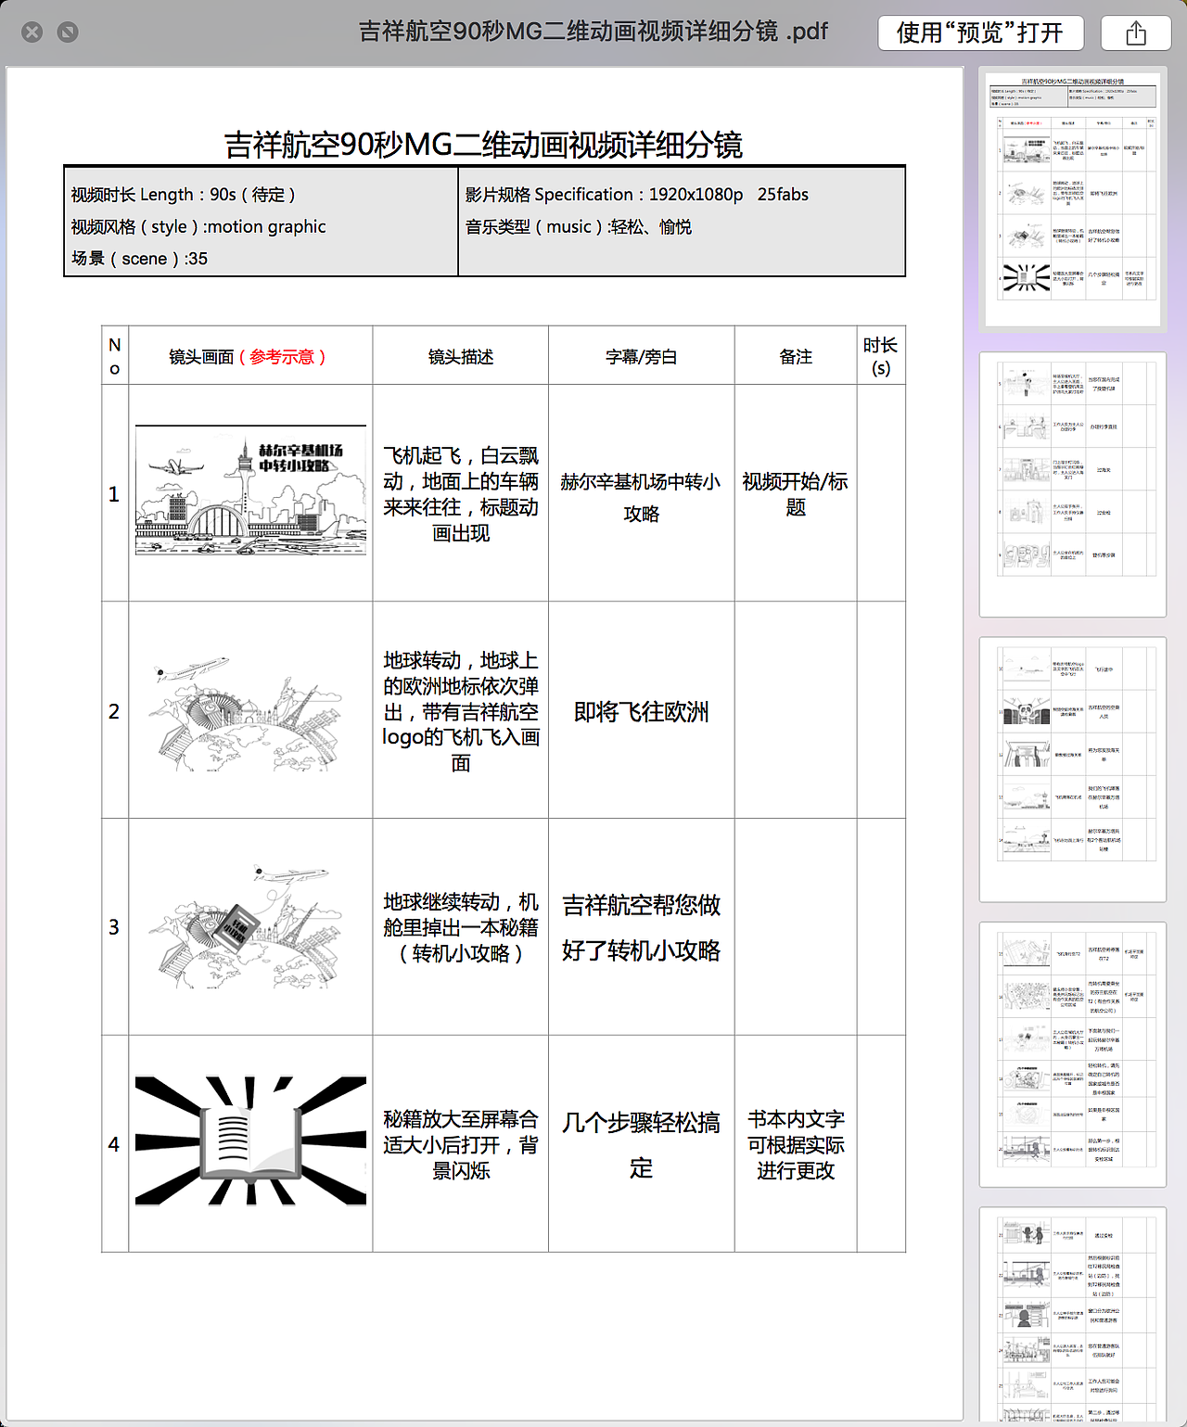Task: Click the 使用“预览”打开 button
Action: (980, 33)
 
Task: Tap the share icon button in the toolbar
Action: (1135, 33)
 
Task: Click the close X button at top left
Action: (32, 32)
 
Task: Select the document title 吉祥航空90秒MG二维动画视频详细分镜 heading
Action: (483, 145)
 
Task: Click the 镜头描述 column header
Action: (460, 357)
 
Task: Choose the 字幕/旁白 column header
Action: (641, 357)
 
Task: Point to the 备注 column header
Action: (796, 357)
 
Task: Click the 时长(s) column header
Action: (880, 356)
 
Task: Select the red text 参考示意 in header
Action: (282, 357)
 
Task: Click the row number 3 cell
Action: (114, 927)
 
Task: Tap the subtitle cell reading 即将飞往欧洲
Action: (641, 711)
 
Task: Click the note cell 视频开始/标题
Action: (796, 494)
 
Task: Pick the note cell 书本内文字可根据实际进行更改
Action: (796, 1145)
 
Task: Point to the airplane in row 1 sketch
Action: (175, 466)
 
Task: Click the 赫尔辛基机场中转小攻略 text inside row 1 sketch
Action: (300, 458)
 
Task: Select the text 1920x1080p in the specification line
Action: (696, 195)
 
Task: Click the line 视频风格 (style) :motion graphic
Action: (198, 227)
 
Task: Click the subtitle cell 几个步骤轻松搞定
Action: (641, 1145)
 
